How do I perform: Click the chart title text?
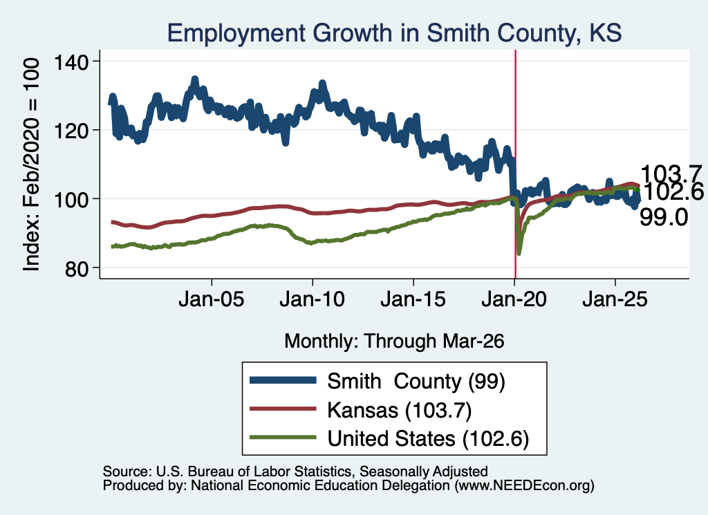point(394,33)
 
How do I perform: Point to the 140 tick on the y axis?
point(71,62)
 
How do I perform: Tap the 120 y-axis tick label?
point(71,131)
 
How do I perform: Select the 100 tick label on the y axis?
point(71,200)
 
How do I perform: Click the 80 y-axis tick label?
point(77,269)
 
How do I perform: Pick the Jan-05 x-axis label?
point(212,299)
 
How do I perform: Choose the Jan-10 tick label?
point(312,299)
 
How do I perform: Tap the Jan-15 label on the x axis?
point(413,299)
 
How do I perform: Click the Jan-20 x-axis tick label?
point(514,299)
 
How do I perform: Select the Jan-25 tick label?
point(615,299)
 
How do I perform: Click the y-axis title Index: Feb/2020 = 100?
point(31,165)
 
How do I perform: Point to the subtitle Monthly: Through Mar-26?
point(394,341)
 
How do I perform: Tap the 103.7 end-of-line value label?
point(671,174)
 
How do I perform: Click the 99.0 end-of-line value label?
point(664,218)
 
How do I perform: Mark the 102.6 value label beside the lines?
point(672,191)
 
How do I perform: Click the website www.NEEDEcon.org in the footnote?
point(524,486)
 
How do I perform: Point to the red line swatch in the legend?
point(283,409)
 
